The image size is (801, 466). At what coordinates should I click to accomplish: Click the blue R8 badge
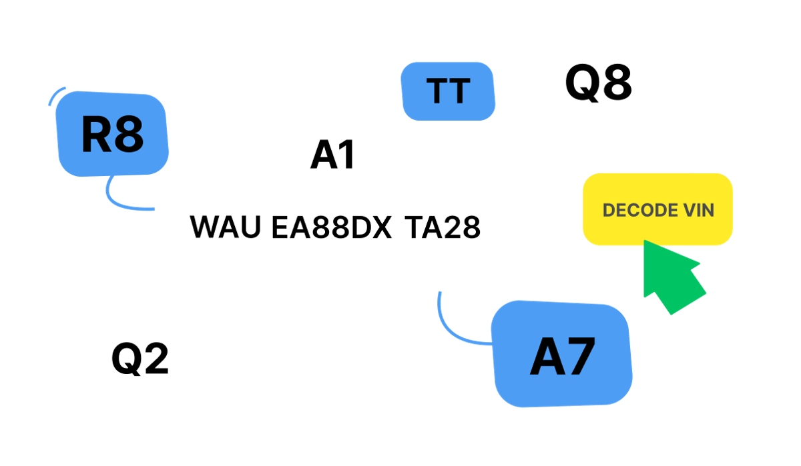(x=112, y=134)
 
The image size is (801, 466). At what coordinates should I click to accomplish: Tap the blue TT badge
(x=448, y=91)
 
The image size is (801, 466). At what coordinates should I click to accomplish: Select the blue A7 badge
(x=562, y=354)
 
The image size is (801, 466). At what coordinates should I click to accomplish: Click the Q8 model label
(x=599, y=83)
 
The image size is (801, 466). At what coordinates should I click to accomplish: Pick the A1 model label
(x=332, y=155)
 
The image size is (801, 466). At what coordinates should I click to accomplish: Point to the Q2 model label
(x=140, y=359)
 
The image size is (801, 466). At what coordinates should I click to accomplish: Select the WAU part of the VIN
(x=226, y=227)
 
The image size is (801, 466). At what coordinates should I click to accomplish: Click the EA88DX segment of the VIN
(x=332, y=227)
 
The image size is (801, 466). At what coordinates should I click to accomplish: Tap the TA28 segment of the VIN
(x=443, y=227)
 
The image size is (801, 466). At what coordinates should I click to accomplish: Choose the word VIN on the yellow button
(x=699, y=210)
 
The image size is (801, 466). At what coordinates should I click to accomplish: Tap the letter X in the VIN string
(x=381, y=227)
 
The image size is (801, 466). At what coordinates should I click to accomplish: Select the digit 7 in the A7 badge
(x=579, y=357)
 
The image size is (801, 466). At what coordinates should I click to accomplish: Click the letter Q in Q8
(x=581, y=83)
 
